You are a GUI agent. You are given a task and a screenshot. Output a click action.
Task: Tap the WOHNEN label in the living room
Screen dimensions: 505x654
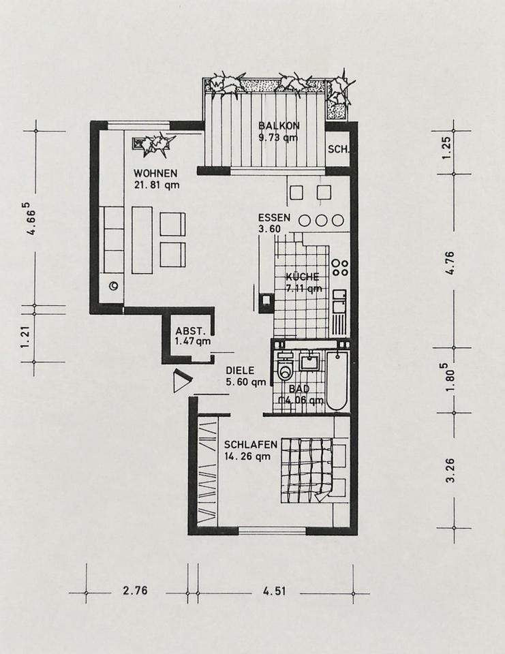[x=155, y=173]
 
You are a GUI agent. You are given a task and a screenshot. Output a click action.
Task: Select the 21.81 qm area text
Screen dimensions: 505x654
[x=157, y=185]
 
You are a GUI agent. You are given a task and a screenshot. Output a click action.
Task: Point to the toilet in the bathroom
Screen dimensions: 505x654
[x=286, y=367]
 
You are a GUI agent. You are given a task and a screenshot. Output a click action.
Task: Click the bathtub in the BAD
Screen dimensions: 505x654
[x=337, y=381]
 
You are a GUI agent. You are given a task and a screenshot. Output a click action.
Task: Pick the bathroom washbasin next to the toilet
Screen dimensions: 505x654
[x=309, y=361]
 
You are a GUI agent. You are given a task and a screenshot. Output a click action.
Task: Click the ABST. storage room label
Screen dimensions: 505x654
[x=191, y=331]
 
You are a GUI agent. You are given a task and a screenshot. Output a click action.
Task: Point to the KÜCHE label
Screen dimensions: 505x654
[x=303, y=277]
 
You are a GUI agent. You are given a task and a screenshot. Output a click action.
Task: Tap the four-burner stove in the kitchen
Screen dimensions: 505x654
[x=339, y=267]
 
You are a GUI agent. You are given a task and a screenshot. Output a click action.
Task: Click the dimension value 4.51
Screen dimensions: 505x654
[x=274, y=591]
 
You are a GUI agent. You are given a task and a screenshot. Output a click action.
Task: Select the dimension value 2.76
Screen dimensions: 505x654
[x=135, y=590]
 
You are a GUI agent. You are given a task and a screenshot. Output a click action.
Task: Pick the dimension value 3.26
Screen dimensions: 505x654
[x=450, y=471]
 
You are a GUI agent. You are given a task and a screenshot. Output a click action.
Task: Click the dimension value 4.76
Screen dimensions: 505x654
[x=450, y=262]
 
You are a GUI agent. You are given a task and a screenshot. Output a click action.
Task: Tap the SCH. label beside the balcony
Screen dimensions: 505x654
[x=338, y=149]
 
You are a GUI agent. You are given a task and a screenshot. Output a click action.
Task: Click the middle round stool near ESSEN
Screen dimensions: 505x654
[x=320, y=220]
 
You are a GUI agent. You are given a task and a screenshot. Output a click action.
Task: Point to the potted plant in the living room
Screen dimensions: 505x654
[x=153, y=144]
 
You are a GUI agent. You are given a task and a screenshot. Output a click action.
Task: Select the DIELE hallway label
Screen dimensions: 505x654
[x=240, y=371]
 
